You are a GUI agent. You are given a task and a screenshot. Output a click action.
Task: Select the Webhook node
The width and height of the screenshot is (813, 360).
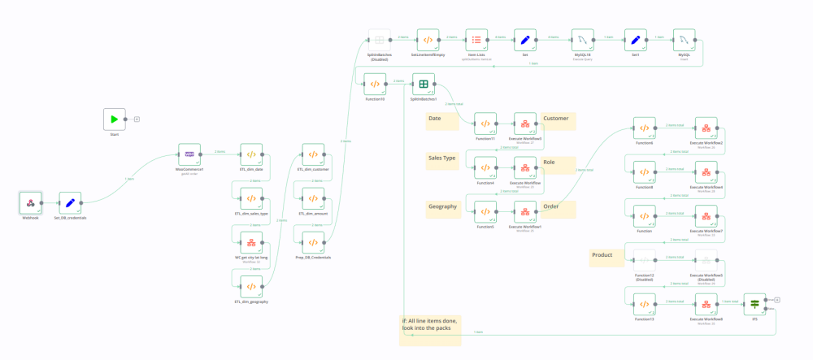30,203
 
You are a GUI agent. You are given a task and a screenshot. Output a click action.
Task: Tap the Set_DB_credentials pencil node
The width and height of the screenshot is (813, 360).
70,203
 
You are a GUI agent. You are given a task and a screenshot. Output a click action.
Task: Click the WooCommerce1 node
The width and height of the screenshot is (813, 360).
189,154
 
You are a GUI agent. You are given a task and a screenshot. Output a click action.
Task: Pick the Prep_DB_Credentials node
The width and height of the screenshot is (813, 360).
313,242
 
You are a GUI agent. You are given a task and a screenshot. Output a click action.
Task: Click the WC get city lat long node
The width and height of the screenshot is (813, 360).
251,242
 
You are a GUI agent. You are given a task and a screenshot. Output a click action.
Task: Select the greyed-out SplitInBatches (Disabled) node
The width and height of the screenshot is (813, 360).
379,40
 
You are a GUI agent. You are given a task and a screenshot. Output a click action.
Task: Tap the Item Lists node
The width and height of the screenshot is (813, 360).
476,40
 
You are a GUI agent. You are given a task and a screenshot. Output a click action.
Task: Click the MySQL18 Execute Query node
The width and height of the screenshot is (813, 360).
580,40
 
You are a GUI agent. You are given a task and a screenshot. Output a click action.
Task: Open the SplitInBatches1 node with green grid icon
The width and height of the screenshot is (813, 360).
424,84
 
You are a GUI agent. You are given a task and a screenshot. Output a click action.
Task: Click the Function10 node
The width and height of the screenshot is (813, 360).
375,84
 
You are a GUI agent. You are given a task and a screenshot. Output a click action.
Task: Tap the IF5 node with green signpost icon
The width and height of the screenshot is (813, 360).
754,304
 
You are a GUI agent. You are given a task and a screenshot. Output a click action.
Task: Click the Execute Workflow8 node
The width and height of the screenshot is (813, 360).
706,304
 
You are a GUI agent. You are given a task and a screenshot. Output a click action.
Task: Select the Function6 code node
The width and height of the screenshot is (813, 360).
644,128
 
